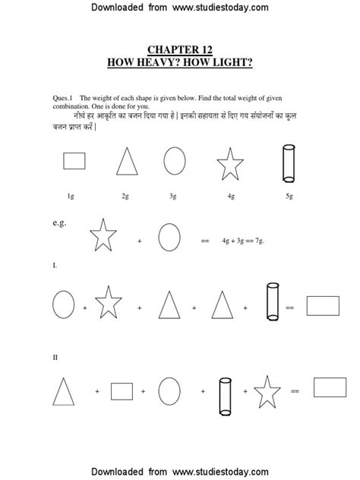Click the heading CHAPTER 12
180,48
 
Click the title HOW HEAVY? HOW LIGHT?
180,60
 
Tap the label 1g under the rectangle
70,196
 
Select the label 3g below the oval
174,196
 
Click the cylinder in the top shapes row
288,163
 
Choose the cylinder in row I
272,302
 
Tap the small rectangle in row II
123,391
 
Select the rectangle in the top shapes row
74,161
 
